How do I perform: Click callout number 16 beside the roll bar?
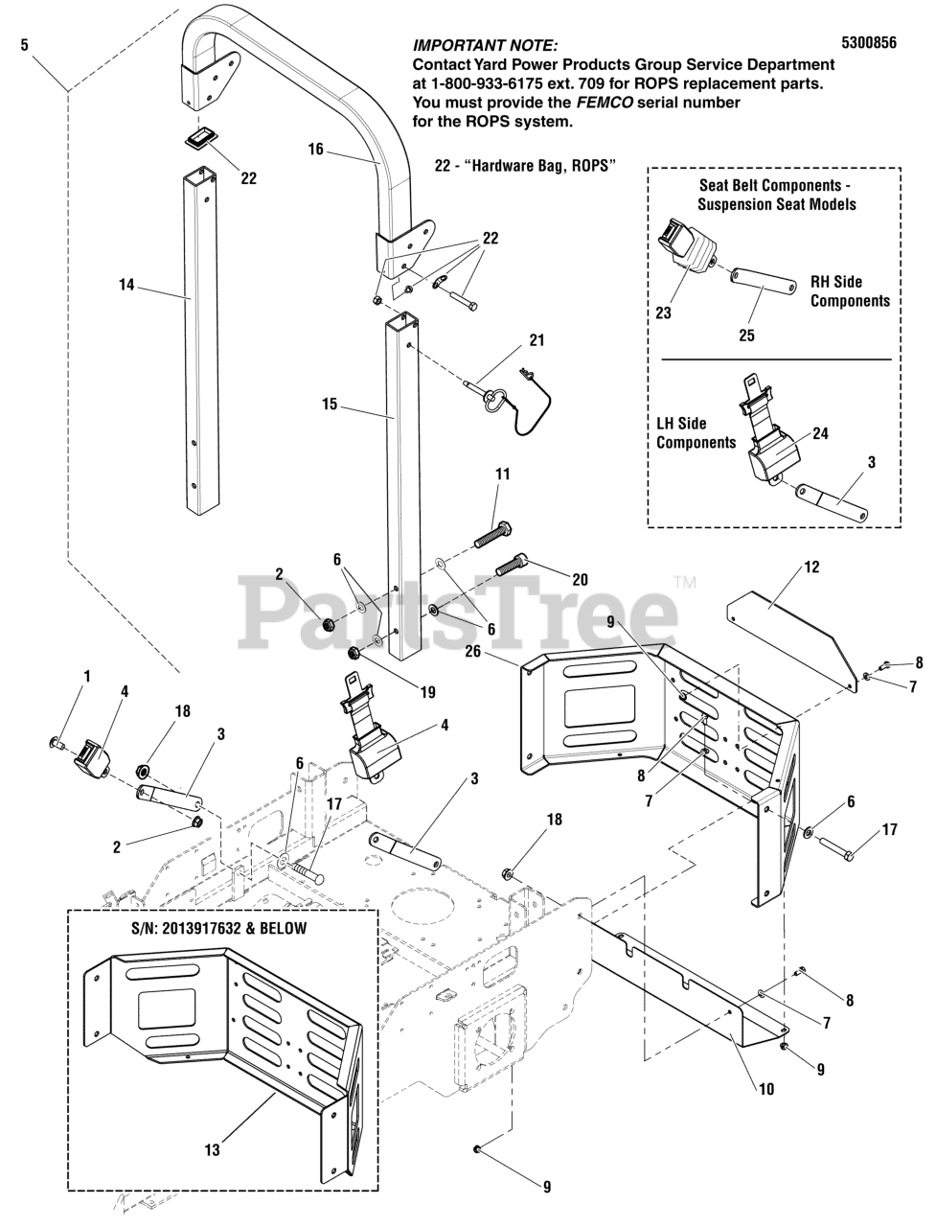316,149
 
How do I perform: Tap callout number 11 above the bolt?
503,475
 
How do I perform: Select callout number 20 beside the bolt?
579,579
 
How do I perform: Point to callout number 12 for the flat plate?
811,567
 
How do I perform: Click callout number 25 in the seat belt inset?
746,336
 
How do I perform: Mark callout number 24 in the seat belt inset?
820,433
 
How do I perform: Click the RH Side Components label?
849,291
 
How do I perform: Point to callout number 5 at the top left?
25,43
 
